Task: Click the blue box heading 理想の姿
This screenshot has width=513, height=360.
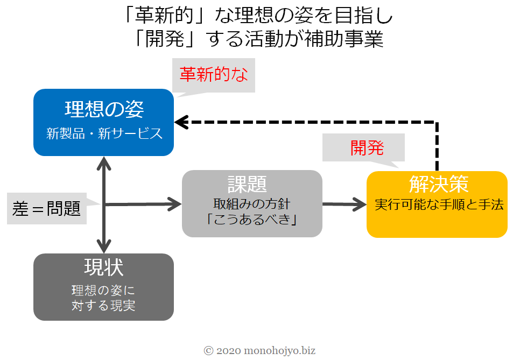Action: tap(104, 109)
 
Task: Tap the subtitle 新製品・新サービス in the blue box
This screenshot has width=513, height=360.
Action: tap(104, 134)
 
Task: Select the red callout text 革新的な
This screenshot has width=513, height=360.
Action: tap(213, 75)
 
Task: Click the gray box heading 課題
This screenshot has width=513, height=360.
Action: tap(251, 185)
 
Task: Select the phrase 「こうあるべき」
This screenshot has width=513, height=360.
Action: tap(251, 221)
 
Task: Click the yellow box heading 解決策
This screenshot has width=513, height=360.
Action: tap(437, 184)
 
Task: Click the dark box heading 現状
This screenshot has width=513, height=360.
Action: tap(103, 267)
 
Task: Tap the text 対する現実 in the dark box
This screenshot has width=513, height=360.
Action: tap(103, 306)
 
